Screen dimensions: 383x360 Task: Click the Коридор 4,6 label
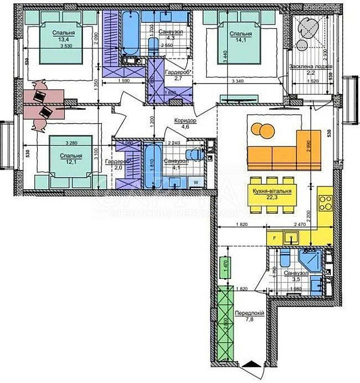click(x=186, y=125)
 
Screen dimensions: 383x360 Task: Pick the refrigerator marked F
click(x=274, y=236)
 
